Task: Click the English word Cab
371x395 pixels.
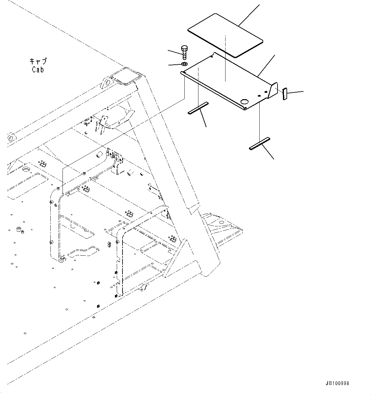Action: (38, 69)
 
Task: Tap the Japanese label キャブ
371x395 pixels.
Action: (38, 61)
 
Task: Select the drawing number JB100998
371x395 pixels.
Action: (338, 383)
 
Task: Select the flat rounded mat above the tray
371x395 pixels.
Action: (225, 35)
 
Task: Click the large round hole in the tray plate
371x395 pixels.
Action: (245, 101)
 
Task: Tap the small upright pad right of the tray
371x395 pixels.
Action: (285, 94)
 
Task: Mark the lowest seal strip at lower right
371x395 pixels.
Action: (259, 143)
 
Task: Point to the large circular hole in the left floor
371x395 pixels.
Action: (26, 168)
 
